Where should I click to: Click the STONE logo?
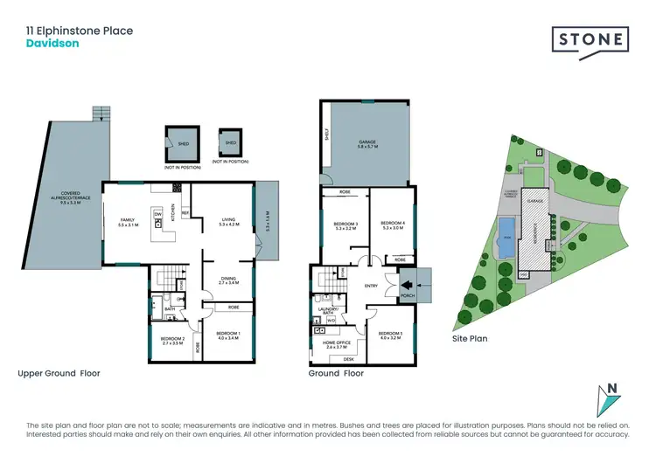pyautogui.click(x=590, y=39)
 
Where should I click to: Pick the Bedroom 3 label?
pyautogui.click(x=343, y=226)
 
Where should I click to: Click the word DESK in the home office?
pyautogui.click(x=348, y=359)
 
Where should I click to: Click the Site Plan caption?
pyautogui.click(x=470, y=337)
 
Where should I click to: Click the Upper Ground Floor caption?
pyautogui.click(x=59, y=373)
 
